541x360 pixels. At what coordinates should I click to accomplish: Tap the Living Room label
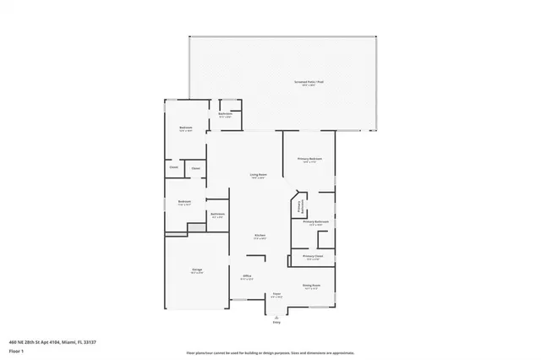(258, 176)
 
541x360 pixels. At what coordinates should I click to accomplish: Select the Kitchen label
(261, 236)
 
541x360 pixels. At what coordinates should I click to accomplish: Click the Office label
(248, 276)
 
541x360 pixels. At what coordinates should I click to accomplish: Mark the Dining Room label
(312, 286)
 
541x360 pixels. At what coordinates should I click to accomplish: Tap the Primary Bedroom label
(309, 160)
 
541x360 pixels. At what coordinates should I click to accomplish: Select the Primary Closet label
(313, 257)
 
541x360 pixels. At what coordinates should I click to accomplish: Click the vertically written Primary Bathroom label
(299, 206)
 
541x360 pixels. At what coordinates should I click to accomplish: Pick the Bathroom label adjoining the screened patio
(226, 114)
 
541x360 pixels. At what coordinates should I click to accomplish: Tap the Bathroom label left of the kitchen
(218, 215)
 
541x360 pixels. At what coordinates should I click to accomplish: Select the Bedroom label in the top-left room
(186, 130)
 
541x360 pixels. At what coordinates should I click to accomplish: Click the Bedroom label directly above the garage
(184, 202)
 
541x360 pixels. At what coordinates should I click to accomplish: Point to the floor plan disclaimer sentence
(270, 352)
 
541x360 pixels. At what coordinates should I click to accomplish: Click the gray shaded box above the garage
(196, 228)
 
